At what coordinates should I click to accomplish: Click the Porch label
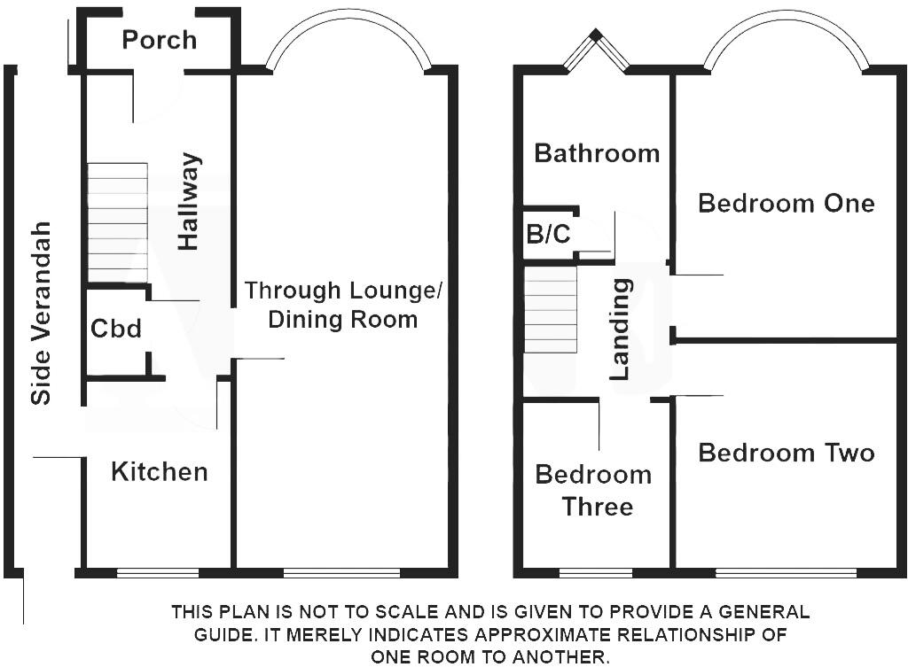click(160, 41)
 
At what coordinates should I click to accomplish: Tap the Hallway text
click(190, 201)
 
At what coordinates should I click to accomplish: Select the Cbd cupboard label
click(116, 329)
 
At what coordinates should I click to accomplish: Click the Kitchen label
click(160, 472)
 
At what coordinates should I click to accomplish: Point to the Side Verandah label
click(41, 313)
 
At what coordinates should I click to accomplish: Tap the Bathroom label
click(597, 153)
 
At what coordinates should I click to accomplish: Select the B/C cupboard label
click(548, 234)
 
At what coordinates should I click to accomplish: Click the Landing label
click(620, 330)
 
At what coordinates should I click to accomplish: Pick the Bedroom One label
click(787, 204)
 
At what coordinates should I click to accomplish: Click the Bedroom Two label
click(787, 453)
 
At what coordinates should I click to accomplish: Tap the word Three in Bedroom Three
click(598, 507)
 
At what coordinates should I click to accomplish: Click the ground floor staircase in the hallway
click(118, 223)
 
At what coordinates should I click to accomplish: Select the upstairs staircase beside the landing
click(551, 309)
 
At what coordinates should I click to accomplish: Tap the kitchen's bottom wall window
click(158, 573)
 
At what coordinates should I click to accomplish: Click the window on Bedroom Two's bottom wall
click(786, 573)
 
